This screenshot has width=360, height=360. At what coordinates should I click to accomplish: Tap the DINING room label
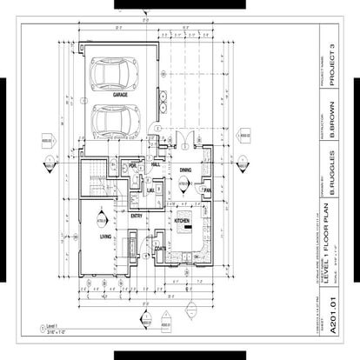point(185,170)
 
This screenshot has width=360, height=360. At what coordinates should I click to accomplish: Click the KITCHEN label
point(183,222)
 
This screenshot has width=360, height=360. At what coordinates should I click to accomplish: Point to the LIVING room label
point(104,236)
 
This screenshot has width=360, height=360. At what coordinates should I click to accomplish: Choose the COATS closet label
point(160,248)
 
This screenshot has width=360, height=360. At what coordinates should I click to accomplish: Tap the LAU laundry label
point(150,190)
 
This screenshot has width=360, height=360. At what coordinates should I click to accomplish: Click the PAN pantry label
point(207,190)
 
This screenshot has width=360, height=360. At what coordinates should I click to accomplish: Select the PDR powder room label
point(134,165)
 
